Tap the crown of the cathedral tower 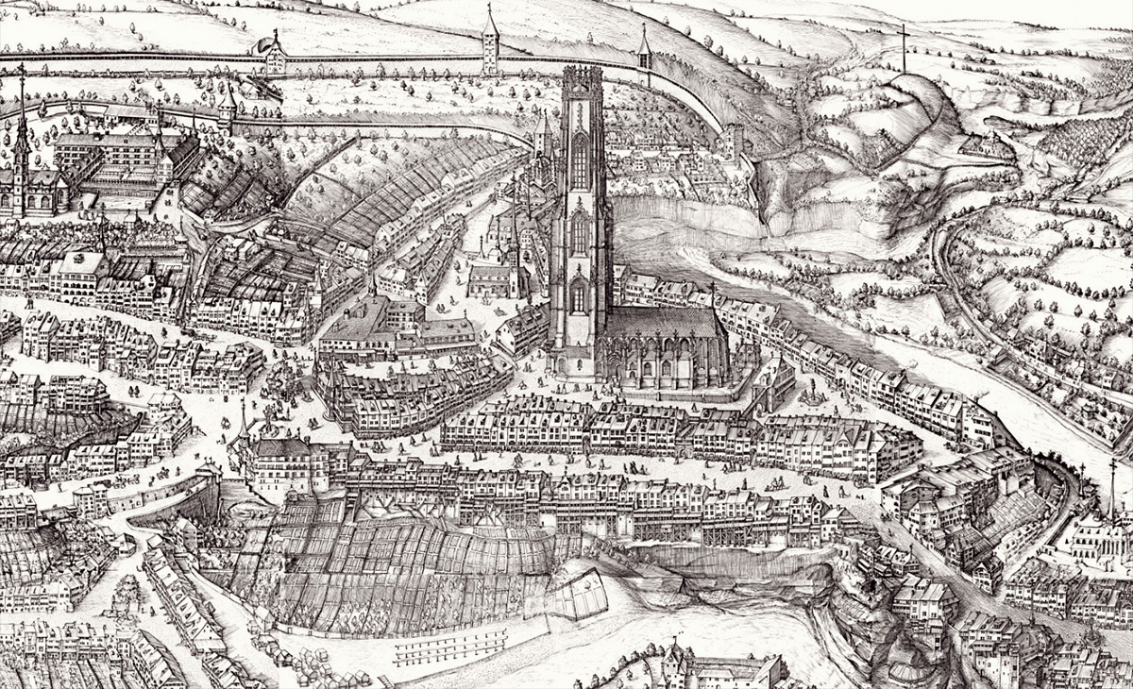(x=581, y=80)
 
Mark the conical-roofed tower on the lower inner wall (x=227, y=109)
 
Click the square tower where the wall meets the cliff (x=734, y=142)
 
